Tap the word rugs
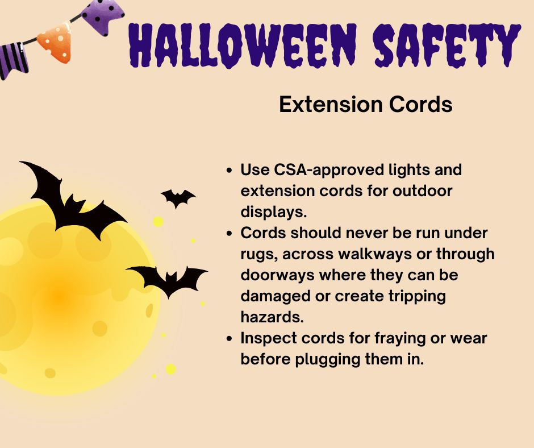(256, 254)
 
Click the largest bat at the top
(69, 199)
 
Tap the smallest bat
(178, 197)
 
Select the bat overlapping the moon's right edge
(168, 278)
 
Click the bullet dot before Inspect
(228, 339)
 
